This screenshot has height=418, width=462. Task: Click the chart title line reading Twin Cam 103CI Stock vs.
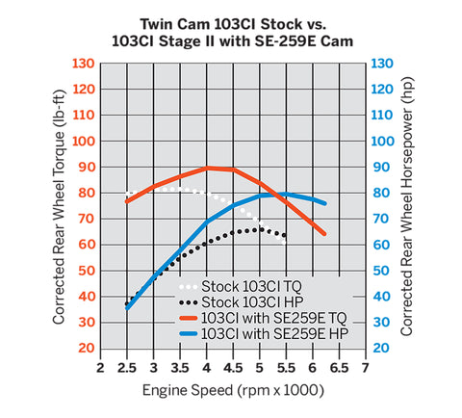point(230,22)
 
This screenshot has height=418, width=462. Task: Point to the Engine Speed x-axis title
point(232,391)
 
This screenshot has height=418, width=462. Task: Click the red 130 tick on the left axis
point(83,64)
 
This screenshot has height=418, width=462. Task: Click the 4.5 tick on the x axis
point(233,368)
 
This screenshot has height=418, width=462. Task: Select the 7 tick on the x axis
point(365,368)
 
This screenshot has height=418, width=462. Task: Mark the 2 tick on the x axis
point(101,368)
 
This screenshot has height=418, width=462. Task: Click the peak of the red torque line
point(208,168)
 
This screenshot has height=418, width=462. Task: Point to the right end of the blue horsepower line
point(324,203)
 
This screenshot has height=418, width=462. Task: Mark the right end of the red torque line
point(324,233)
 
